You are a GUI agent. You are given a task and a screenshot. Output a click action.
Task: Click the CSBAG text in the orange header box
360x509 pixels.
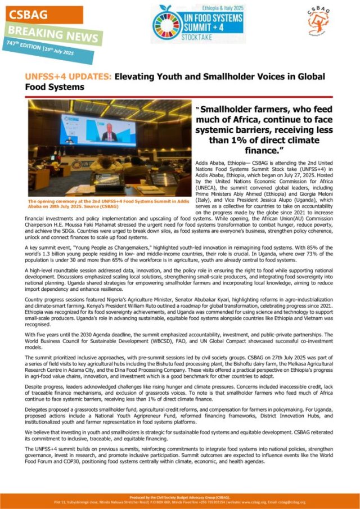coord(26,14)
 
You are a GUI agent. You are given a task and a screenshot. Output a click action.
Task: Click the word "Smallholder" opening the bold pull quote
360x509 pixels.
coord(233,109)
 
